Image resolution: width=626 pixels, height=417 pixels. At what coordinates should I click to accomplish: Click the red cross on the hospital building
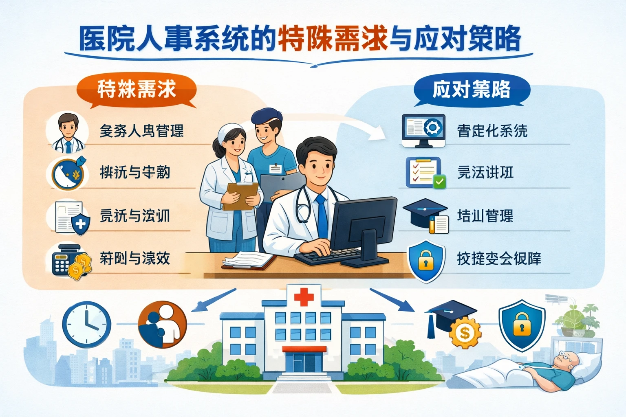pyautogui.click(x=304, y=296)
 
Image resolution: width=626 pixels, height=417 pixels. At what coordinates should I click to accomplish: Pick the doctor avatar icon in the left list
pyautogui.click(x=67, y=132)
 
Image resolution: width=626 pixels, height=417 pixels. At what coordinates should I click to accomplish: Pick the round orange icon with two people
pyautogui.click(x=162, y=325)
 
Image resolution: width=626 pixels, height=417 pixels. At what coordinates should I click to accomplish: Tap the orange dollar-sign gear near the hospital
pyautogui.click(x=465, y=333)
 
